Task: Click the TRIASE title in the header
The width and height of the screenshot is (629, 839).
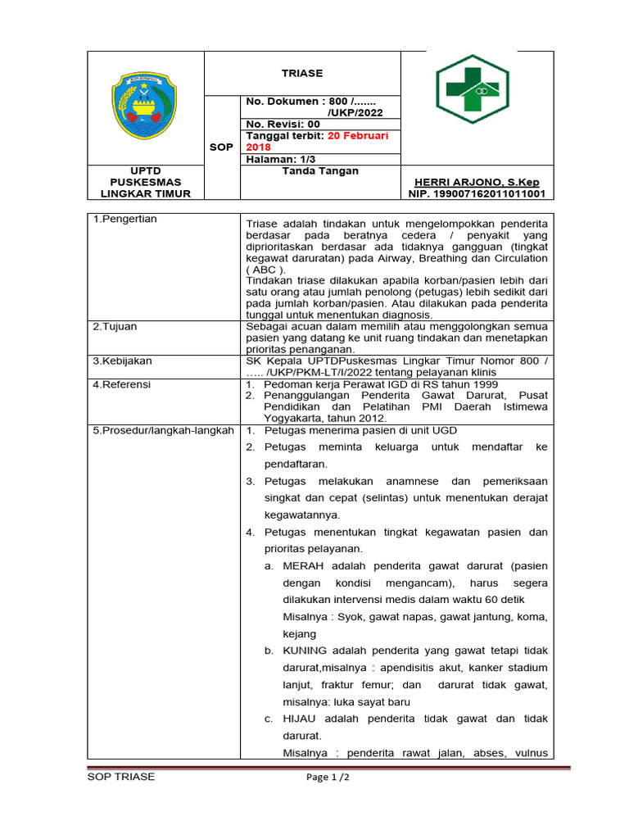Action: click(302, 73)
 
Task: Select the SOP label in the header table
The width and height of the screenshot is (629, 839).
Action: click(221, 147)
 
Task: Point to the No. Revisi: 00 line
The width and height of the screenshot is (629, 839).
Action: click(283, 124)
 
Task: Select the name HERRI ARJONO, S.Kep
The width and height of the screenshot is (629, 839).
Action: click(476, 182)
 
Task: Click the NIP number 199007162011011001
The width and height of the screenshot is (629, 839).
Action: click(476, 194)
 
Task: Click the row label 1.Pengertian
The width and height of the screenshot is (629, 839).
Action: click(124, 219)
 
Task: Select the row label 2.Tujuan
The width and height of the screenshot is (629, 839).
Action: click(115, 326)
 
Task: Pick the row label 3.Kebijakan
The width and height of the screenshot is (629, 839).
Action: click(122, 361)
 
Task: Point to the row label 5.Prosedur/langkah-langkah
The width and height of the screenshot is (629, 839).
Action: click(162, 430)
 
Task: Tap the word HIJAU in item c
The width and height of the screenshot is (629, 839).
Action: click(300, 719)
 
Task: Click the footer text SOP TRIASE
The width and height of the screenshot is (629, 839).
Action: click(120, 777)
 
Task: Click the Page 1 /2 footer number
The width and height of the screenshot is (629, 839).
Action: click(323, 778)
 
